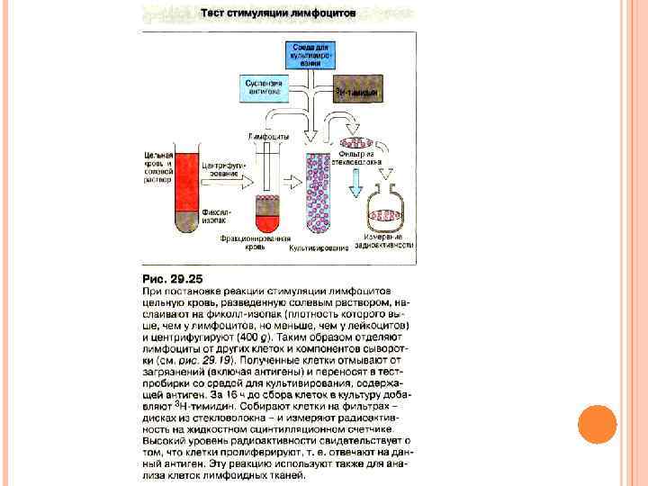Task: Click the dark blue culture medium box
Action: pyautogui.click(x=310, y=55)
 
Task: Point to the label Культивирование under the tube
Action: pyautogui.click(x=319, y=248)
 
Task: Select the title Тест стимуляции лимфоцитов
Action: pyautogui.click(x=277, y=13)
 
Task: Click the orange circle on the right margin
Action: pyautogui.click(x=596, y=426)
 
